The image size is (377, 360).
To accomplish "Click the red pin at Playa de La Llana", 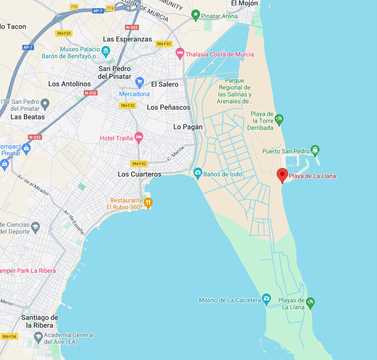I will [282, 175].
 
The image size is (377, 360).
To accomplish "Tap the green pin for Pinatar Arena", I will [195, 16].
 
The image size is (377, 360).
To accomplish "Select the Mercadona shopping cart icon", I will [139, 82].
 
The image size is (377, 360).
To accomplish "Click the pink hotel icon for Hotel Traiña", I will [139, 138].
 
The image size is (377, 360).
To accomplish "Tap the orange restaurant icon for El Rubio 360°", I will [149, 202].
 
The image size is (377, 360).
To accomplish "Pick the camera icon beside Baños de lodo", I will [198, 173].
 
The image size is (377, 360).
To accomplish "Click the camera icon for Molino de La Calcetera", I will [266, 299].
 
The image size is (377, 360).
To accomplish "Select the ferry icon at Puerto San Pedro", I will [315, 150].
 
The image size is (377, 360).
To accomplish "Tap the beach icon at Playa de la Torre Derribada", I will [279, 119].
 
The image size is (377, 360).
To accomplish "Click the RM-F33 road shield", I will [164, 44].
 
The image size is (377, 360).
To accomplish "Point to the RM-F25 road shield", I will [64, 33].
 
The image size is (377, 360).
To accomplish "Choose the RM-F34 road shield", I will [9, 337].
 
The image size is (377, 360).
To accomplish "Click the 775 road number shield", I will [74, 7].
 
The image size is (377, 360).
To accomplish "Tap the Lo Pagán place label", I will [188, 127].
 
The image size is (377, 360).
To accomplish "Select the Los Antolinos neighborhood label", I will [69, 84].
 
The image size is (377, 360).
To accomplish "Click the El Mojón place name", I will [244, 3].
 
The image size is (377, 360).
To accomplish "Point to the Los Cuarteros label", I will [139, 174].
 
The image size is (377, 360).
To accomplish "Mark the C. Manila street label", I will [176, 153].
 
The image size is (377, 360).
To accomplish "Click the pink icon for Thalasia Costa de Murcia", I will [180, 54].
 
